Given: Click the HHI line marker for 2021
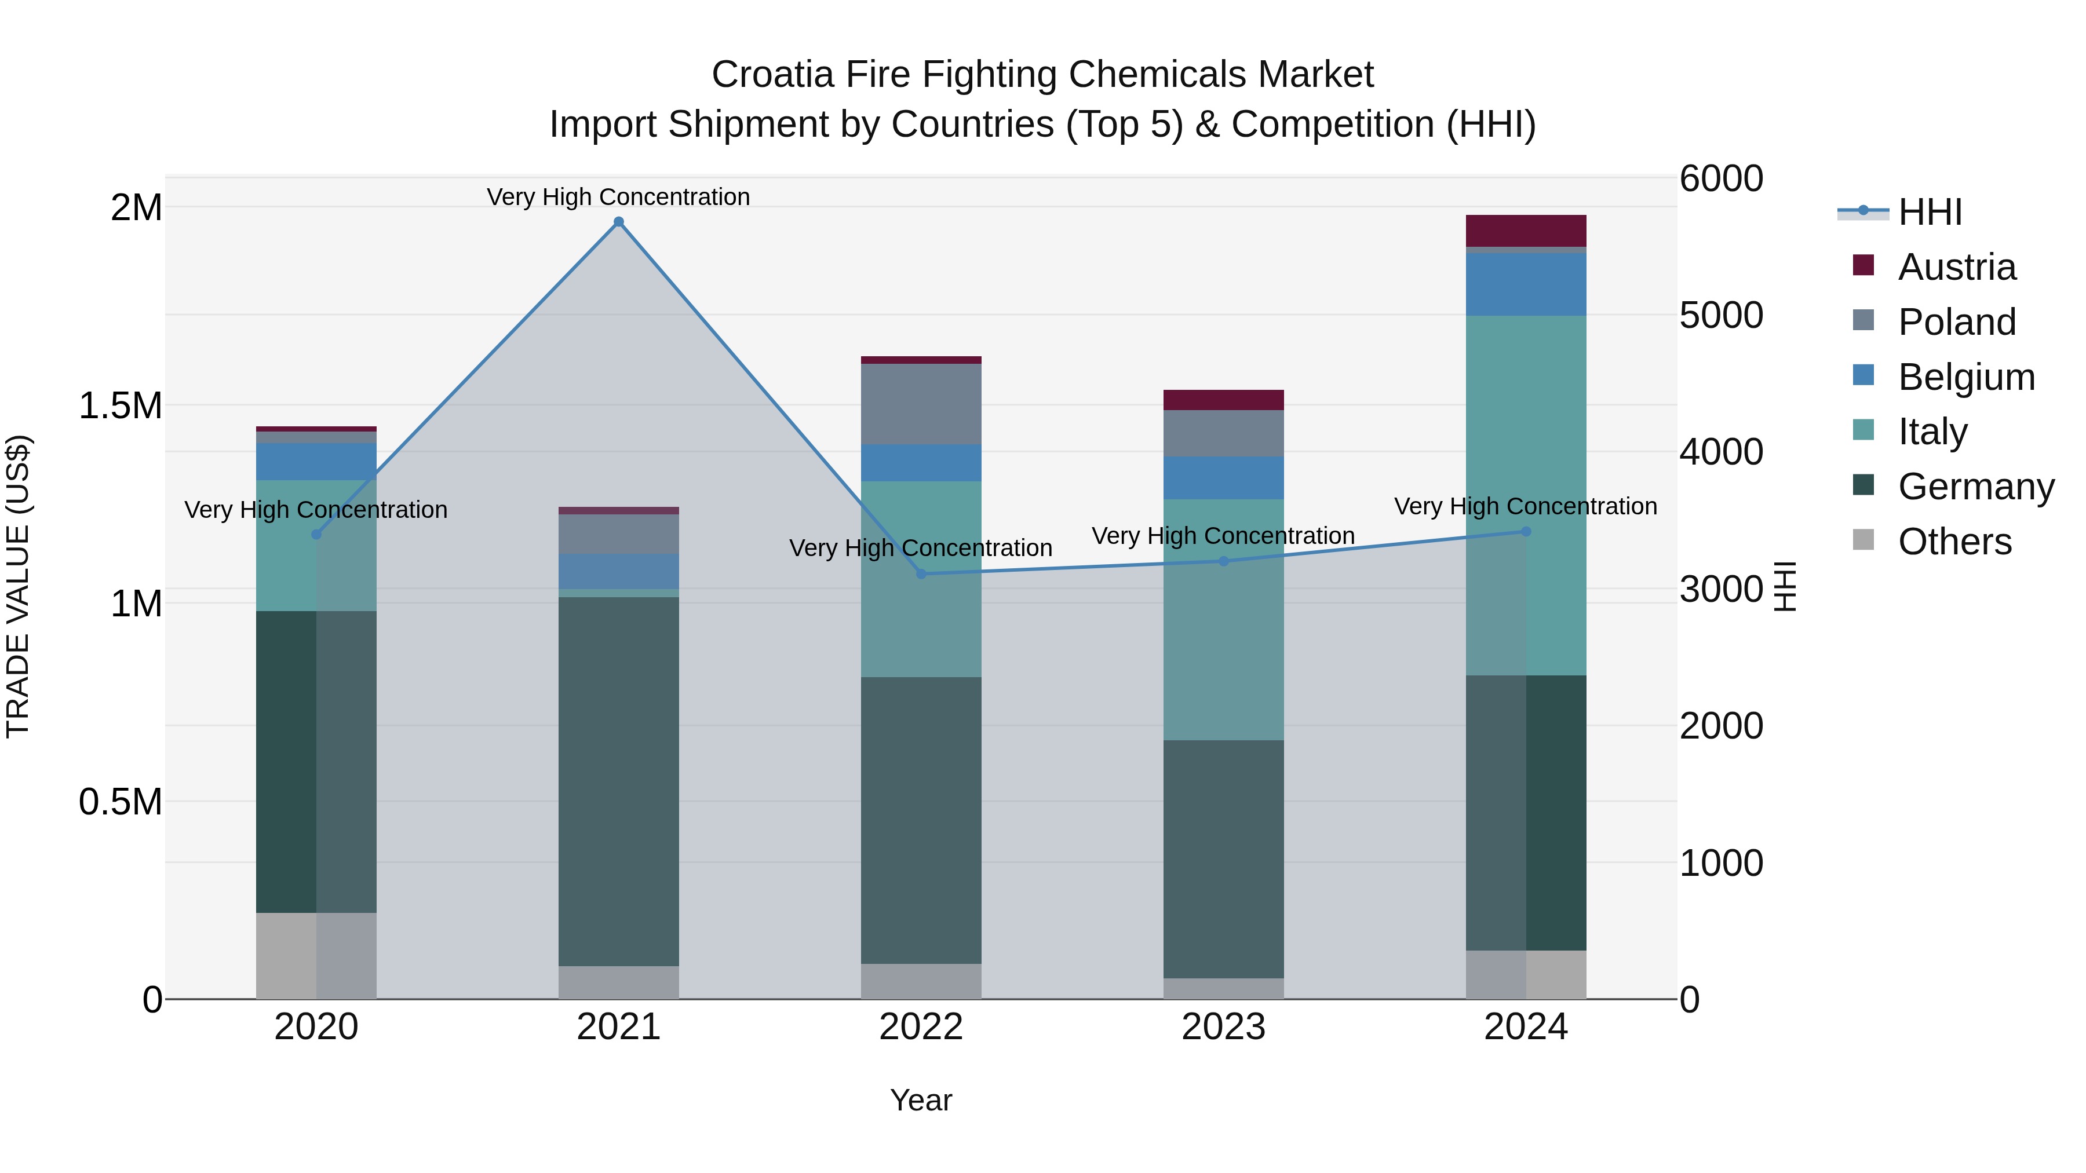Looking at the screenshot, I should (x=619, y=222).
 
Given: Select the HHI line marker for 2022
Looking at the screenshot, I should (x=921, y=574).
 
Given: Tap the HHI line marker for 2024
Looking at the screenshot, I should (x=1526, y=532).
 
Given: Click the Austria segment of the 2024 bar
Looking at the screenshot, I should (x=1526, y=231).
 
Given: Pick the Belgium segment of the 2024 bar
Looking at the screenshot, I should (x=1526, y=284).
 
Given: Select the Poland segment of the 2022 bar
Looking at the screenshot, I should (x=921, y=404).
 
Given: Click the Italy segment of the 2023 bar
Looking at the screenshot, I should (x=1224, y=619).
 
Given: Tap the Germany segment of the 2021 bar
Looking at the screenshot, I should (x=619, y=781).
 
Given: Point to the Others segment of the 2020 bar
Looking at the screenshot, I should (x=316, y=955).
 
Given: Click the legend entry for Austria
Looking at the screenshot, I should (x=1956, y=267).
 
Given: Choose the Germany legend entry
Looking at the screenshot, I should (x=1976, y=487).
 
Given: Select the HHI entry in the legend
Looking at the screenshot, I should (x=1929, y=212).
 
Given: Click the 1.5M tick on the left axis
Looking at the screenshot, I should (x=120, y=405).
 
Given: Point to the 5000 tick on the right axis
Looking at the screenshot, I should (x=1721, y=316).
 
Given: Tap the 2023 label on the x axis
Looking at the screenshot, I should (x=1224, y=1027).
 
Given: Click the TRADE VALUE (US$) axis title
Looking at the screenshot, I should (x=18, y=587).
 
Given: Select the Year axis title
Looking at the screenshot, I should (x=921, y=1100).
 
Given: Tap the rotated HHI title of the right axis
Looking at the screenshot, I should (x=1785, y=587).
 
